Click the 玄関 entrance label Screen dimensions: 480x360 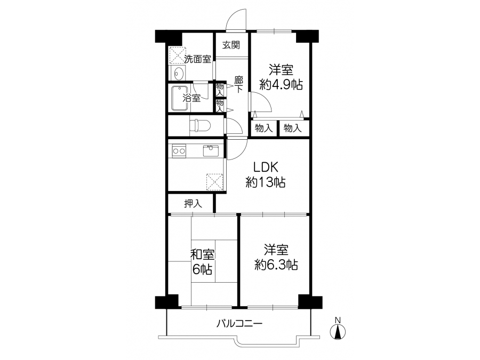coord(231,45)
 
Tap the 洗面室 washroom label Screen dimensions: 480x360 coord(198,59)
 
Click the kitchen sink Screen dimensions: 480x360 coord(211,151)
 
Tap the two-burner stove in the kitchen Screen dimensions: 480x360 coord(179,150)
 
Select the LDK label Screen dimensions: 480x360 coord(266,167)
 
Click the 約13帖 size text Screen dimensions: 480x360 coord(266,182)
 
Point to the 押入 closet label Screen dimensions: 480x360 coord(193,204)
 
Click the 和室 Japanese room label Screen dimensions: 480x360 coord(202,255)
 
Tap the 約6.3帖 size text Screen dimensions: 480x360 coord(276,265)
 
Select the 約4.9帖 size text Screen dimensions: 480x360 coord(281,84)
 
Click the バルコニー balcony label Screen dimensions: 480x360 coord(239,323)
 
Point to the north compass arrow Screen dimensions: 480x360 coord(338,332)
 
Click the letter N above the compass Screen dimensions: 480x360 coord(338,321)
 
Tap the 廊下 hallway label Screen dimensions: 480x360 coord(239,84)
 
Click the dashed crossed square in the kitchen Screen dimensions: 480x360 coord(214,182)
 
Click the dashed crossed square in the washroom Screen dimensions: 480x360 coord(178,55)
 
